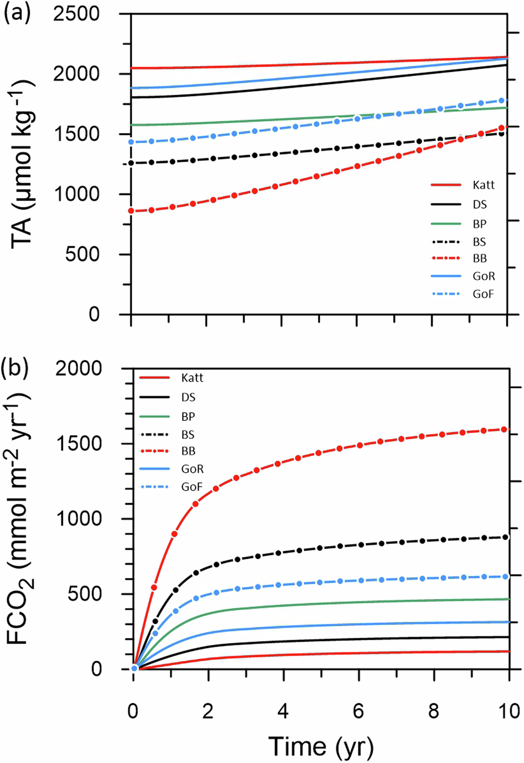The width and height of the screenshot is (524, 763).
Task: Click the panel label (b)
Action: pos(17,367)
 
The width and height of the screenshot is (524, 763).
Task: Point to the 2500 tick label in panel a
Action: pos(77,14)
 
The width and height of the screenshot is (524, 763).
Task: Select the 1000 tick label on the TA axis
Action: pos(77,194)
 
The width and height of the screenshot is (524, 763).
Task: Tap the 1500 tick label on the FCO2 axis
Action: pos(79,444)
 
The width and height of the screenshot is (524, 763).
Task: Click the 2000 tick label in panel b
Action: pos(79,368)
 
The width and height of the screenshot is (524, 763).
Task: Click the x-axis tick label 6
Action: pos(358,711)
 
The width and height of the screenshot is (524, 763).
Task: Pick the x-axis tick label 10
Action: pos(507,711)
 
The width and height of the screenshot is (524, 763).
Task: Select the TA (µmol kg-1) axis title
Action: pos(22,163)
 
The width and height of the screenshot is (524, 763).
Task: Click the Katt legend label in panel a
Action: pos(483,185)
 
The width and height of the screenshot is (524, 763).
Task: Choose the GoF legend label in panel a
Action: pos(483,294)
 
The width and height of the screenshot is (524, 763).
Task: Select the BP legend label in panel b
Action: pos(188,417)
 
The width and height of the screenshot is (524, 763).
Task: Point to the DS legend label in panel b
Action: pos(188,398)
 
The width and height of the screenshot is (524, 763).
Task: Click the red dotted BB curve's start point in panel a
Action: pos(132,211)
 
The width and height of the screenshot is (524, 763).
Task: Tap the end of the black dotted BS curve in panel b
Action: pos(506,537)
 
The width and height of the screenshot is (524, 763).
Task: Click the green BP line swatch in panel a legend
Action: pos(446,224)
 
